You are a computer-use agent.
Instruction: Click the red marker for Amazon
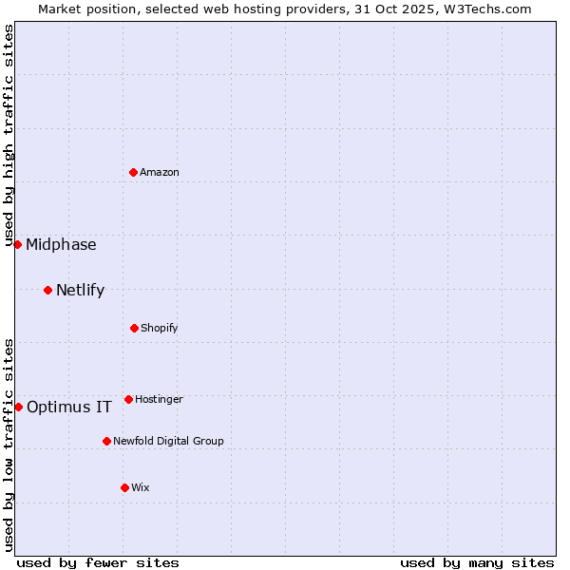[133, 172]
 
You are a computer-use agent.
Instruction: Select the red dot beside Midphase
[17, 244]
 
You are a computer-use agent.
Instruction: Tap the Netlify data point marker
[47, 290]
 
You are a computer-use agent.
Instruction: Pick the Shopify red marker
[134, 328]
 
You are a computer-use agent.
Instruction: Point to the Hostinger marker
[128, 399]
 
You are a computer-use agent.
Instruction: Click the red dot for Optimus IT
[18, 407]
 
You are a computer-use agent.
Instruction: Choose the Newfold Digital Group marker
[106, 441]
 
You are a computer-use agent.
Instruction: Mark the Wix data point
[124, 487]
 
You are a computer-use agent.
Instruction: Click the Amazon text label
[160, 172]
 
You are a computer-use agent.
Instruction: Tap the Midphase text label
[61, 244]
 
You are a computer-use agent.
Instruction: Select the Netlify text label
[80, 290]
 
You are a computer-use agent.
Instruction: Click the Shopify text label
[160, 328]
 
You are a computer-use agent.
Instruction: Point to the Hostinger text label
[159, 399]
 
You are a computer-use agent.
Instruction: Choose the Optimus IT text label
[69, 407]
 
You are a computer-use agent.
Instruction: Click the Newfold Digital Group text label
[169, 441]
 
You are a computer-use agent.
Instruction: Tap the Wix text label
[141, 487]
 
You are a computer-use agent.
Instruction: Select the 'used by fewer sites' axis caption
[98, 562]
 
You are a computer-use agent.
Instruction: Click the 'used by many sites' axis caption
[477, 562]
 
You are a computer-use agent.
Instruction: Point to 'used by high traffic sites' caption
[9, 136]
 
